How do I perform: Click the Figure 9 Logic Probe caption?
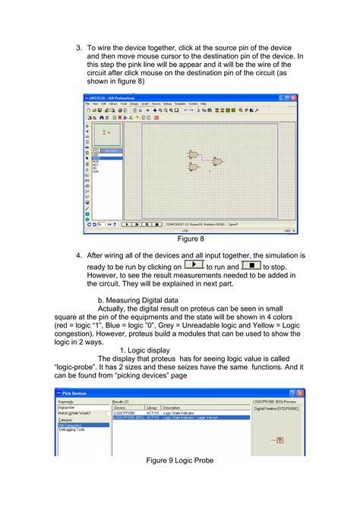(180, 461)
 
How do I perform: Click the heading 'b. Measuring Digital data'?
(144, 300)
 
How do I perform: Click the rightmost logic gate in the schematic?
(219, 162)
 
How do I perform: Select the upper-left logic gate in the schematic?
(194, 155)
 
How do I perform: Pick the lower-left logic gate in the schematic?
(194, 167)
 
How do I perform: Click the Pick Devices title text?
(75, 393)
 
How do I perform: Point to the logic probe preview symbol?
(279, 440)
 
